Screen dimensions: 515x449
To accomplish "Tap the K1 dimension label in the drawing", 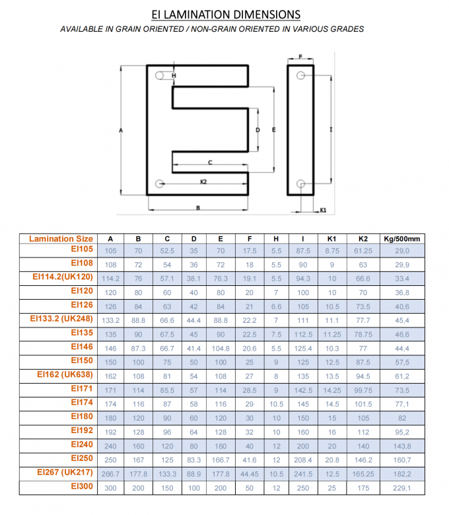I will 323,210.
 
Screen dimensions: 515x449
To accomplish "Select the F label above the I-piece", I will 300,58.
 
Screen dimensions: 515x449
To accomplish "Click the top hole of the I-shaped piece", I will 300,76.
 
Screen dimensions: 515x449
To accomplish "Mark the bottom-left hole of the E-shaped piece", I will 158,184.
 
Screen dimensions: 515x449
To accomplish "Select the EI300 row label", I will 83,487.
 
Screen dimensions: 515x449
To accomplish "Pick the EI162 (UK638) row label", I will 66,376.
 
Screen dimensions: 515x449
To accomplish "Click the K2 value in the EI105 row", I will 363,251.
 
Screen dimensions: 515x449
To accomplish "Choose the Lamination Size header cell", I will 61,238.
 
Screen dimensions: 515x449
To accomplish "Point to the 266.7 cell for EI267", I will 110,474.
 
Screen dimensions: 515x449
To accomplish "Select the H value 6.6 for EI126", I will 276,306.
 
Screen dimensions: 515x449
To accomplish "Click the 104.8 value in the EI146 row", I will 221,348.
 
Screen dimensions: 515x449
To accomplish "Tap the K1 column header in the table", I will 332,239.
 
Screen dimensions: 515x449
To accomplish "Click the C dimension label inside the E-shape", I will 210,162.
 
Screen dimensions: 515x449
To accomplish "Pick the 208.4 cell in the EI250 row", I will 303,460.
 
